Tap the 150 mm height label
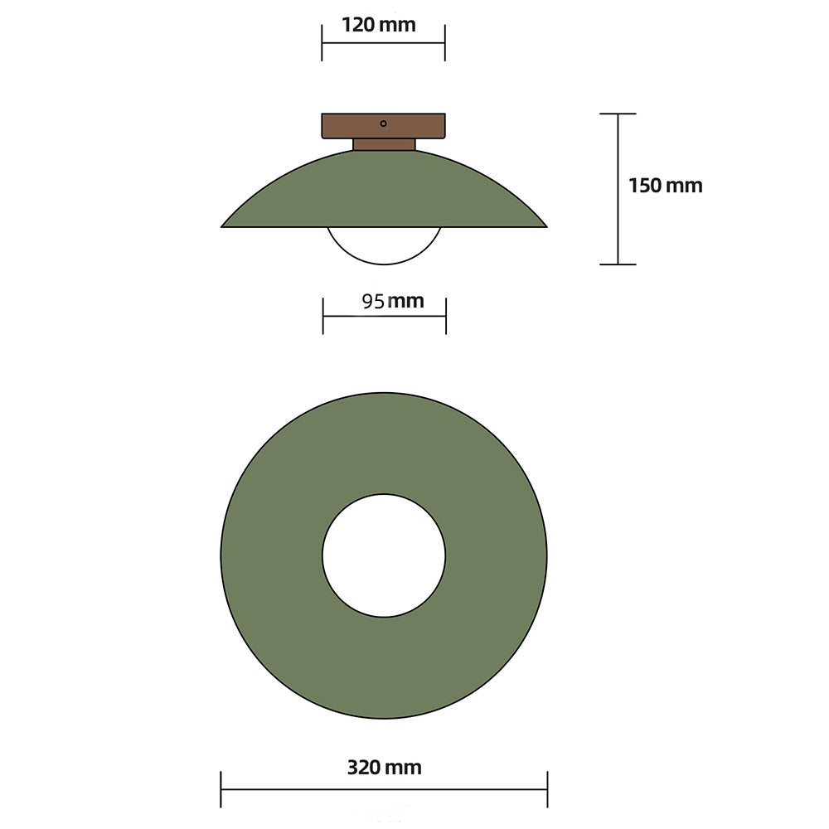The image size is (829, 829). click(665, 186)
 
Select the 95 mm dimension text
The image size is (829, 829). click(392, 301)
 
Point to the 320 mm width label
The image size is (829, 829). click(384, 768)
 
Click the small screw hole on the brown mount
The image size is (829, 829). click(383, 124)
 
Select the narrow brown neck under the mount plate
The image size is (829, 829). click(384, 144)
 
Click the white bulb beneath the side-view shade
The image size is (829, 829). click(384, 245)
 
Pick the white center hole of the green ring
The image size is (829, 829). click(384, 555)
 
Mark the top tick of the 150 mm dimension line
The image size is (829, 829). click(618, 114)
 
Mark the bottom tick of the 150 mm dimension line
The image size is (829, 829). click(618, 264)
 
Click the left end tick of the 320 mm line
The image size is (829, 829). click(221, 789)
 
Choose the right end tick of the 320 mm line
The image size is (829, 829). click(547, 789)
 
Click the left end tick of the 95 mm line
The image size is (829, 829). click(322, 316)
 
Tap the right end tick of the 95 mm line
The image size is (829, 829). click(446, 316)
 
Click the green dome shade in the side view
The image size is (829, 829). click(384, 191)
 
